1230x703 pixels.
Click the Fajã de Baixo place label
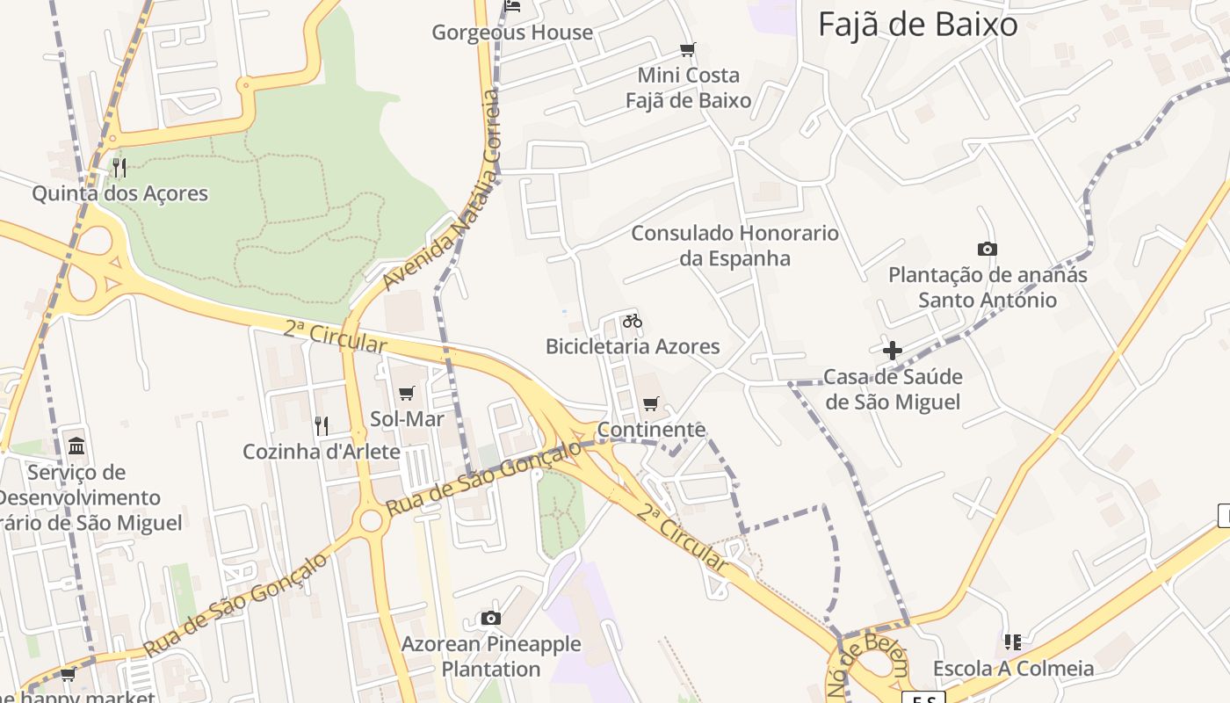[x=917, y=24]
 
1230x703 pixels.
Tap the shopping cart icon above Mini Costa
[x=688, y=49]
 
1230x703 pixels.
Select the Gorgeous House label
[x=512, y=33]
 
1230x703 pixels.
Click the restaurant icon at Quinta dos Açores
[x=119, y=167]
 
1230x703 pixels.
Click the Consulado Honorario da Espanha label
[x=734, y=245]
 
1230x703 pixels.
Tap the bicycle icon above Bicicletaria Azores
[x=633, y=321]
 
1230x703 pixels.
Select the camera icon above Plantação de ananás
[x=988, y=249]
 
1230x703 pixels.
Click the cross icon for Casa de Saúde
[x=893, y=351]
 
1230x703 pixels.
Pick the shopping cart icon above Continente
[x=650, y=403]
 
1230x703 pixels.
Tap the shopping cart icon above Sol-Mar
[x=406, y=393]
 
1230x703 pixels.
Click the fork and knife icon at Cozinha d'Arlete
[x=322, y=426]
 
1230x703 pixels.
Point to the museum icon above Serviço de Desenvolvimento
[x=76, y=446]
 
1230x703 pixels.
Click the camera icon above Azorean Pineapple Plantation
[x=491, y=619]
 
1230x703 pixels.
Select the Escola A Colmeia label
[x=1013, y=668]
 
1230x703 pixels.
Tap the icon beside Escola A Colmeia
[x=1013, y=642]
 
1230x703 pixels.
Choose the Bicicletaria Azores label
[x=633, y=346]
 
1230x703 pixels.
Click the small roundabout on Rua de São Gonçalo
[x=371, y=520]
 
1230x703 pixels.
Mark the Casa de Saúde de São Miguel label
[x=893, y=389]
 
